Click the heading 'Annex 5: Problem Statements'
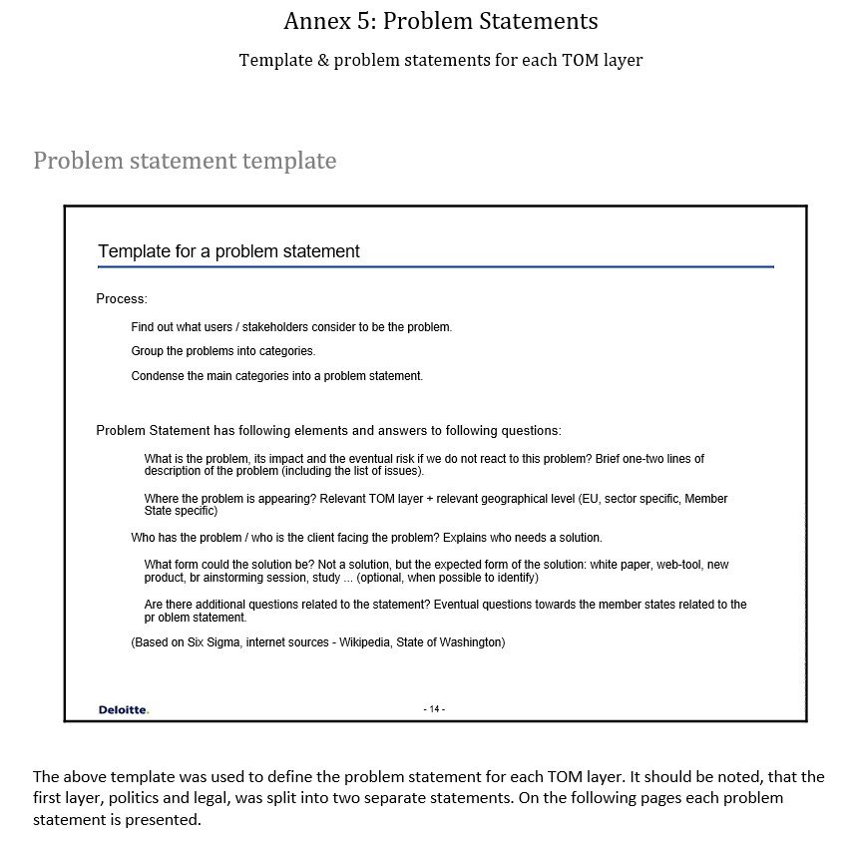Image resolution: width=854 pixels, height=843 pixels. (441, 21)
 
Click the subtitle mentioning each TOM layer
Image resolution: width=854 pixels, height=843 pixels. (441, 60)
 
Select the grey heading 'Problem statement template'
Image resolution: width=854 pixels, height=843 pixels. (185, 161)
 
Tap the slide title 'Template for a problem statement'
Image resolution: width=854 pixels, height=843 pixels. (228, 251)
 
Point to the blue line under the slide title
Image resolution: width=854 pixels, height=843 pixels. (435, 267)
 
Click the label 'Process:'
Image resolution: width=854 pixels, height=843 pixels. (122, 299)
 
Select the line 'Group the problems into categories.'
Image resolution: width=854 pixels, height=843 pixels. (223, 351)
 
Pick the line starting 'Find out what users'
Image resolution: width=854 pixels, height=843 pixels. (291, 327)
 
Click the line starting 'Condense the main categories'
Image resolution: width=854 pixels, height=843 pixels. (277, 376)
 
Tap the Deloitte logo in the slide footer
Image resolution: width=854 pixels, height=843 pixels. (123, 709)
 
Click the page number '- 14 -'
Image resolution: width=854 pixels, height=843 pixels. (434, 709)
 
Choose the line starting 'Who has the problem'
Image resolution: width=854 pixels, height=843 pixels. (366, 538)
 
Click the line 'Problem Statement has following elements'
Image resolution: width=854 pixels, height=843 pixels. (328, 431)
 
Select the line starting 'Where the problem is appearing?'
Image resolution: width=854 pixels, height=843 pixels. (436, 499)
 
